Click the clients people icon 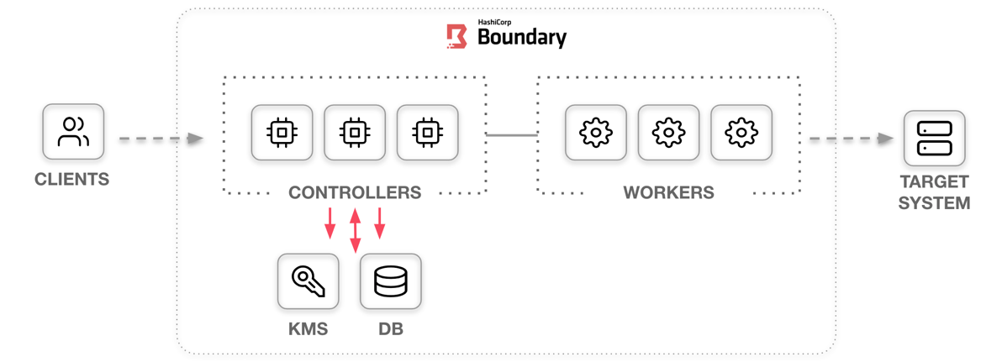[73, 132]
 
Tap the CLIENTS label [72, 179]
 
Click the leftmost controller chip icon [282, 133]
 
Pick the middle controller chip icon [355, 133]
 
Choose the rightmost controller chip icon [427, 133]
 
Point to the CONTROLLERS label [355, 193]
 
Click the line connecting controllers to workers [511, 134]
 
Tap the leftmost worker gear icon [596, 133]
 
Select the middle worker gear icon [668, 133]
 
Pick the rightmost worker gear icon [741, 133]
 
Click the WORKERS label [668, 193]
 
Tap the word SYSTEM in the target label [934, 203]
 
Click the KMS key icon [308, 281]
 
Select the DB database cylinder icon [390, 281]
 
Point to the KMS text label [308, 328]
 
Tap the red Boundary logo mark [456, 36]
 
